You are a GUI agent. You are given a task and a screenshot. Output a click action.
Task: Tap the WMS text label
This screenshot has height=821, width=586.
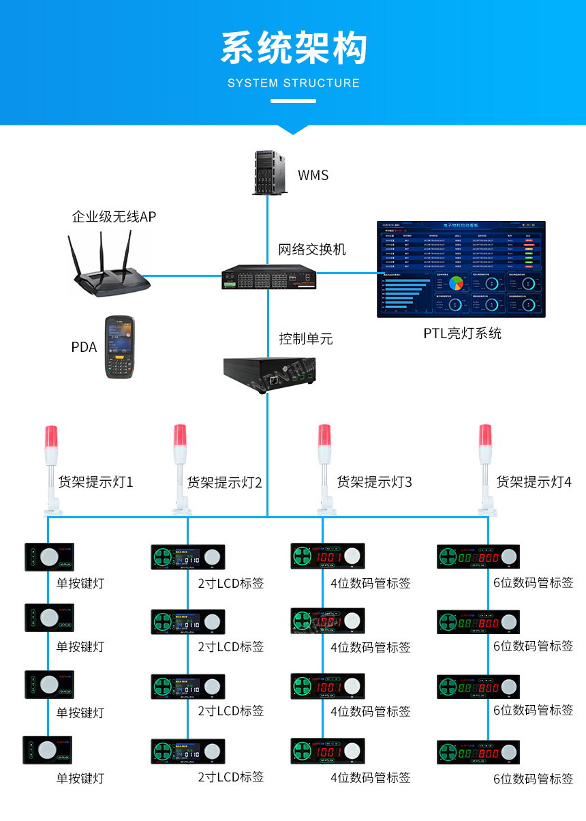pos(313,175)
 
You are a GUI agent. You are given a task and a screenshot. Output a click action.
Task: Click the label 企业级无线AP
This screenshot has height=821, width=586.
pos(114,218)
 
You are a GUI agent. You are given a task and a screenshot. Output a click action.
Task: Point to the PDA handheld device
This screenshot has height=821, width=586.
pos(119,347)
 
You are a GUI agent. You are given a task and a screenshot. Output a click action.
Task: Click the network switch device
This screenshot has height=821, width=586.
pos(268,277)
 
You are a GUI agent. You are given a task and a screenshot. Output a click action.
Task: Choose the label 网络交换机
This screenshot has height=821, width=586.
pos(311,250)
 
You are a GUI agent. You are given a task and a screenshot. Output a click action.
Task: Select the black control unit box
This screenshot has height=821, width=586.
pos(268,373)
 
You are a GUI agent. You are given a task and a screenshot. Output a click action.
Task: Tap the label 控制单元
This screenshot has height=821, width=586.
pos(305,339)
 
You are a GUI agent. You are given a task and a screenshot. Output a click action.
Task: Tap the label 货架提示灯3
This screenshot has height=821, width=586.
pos(374,483)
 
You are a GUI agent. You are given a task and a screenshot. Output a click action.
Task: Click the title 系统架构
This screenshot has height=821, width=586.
pos(293,49)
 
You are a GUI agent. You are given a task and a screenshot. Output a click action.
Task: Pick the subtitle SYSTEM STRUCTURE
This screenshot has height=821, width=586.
pos(293,83)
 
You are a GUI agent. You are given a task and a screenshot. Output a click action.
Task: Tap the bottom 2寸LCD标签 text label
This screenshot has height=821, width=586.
pos(230,777)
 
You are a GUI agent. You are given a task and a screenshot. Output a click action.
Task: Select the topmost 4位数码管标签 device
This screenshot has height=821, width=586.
pos(328,556)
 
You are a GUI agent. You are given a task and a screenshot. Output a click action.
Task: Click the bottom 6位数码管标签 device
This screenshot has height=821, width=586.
pos(478,751)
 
